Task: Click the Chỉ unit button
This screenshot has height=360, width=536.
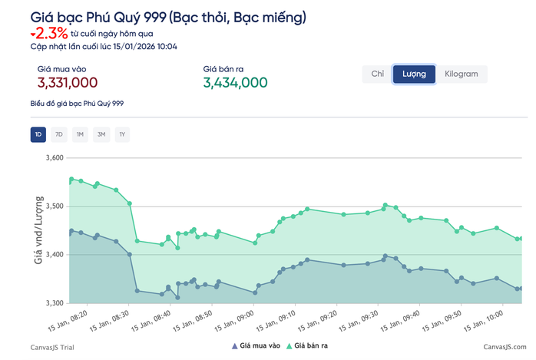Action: click(x=377, y=74)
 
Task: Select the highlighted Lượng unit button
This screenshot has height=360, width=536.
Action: click(x=414, y=74)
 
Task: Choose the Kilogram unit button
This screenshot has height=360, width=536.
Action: click(x=461, y=74)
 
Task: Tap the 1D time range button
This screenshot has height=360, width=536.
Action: click(x=38, y=135)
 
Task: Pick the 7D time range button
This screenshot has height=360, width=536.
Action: click(x=59, y=135)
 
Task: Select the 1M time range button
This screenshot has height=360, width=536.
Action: click(x=80, y=135)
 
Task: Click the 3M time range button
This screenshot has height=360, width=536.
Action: click(x=101, y=135)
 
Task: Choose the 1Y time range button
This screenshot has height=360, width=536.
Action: click(x=121, y=135)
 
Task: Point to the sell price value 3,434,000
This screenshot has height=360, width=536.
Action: click(x=235, y=83)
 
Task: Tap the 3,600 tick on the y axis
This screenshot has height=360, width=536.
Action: click(x=52, y=158)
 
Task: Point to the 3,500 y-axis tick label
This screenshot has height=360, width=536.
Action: click(x=52, y=206)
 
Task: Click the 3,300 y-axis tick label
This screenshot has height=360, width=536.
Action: click(x=52, y=302)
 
